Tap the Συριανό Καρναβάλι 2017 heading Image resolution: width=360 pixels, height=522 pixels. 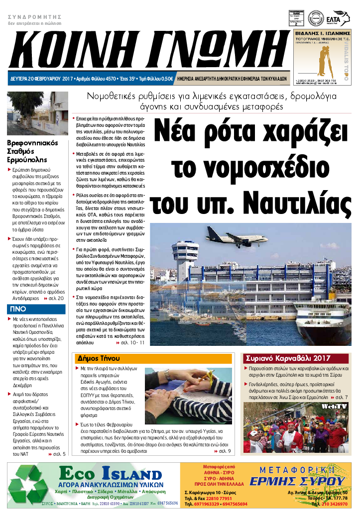tap(288, 358)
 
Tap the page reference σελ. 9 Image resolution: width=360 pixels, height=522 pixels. tap(223, 451)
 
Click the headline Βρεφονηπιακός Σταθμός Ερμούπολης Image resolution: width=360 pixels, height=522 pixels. tap(32, 151)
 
